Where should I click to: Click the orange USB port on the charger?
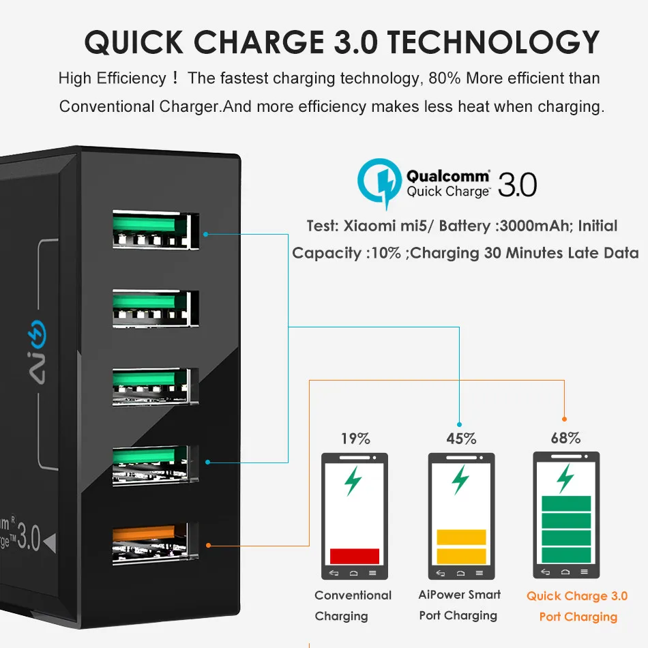point(156,544)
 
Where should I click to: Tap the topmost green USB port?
point(156,230)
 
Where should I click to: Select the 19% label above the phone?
point(355,439)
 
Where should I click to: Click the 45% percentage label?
point(461,439)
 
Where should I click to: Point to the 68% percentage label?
point(565,438)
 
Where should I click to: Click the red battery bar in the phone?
point(355,556)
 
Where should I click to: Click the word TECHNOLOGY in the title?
point(493,42)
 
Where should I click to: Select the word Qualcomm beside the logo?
point(448,176)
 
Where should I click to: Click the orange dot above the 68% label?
point(565,419)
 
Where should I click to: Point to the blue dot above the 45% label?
point(459,424)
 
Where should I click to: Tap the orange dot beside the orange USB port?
point(208,546)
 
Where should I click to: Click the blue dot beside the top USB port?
point(205,235)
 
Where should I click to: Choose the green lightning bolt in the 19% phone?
point(353,481)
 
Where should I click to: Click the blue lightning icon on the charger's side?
point(37,334)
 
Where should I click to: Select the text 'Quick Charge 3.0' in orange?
point(577,596)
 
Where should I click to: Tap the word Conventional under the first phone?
point(353,595)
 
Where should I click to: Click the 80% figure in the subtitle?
point(445,78)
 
